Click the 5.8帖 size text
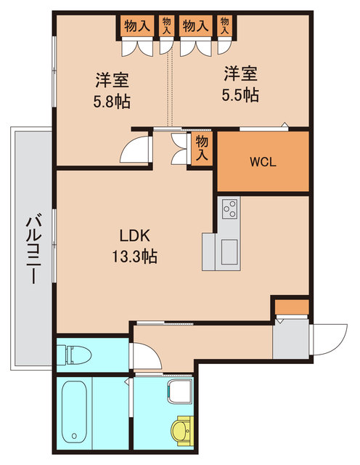coord(112,102)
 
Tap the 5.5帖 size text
coord(241,94)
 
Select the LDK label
coord(135,235)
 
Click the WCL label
coord(262,161)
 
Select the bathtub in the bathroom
coord(74,410)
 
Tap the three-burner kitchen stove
coord(229,209)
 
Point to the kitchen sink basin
coord(229,252)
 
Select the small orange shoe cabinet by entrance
coord(291,307)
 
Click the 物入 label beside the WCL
coord(202,149)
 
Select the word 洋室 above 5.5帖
coord(241,73)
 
